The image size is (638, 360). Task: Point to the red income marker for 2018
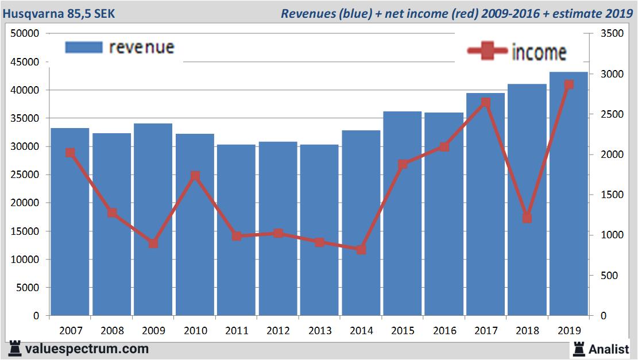tap(527, 218)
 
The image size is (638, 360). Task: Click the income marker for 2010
tap(195, 176)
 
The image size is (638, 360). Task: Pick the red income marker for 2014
tap(361, 250)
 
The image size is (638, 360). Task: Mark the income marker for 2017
tap(486, 102)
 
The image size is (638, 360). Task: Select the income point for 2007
tap(70, 153)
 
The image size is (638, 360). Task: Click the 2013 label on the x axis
tap(320, 331)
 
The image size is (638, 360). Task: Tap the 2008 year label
tap(112, 331)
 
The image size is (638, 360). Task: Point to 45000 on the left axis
tap(25, 61)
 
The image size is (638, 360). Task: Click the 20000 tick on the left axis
tap(25, 203)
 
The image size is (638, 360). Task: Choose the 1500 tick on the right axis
tap(610, 195)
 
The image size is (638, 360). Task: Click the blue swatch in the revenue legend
tap(84, 47)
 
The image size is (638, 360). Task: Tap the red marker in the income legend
tap(487, 51)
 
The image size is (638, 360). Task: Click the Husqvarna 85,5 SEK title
tap(59, 13)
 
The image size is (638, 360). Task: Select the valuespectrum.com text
tap(87, 349)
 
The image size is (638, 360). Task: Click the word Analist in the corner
tap(609, 348)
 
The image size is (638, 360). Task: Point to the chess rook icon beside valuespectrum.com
tap(15, 349)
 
